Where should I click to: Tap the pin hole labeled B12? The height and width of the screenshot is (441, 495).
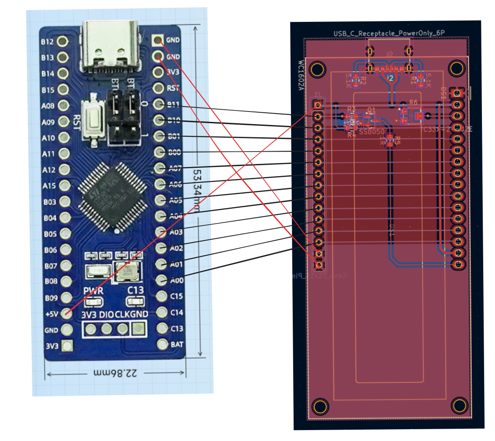click(63, 42)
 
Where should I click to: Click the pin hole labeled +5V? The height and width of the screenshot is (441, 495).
click(66, 313)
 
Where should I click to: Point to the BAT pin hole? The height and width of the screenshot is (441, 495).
click(162, 344)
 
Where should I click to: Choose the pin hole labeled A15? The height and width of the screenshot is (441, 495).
click(64, 185)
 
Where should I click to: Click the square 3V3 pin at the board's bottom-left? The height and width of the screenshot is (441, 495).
click(67, 346)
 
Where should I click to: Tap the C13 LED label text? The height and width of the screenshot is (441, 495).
click(135, 290)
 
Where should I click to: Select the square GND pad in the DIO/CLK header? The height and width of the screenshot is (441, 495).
click(138, 329)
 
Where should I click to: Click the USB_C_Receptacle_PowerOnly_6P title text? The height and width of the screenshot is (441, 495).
click(389, 33)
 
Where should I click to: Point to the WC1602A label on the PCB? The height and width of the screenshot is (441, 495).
click(301, 75)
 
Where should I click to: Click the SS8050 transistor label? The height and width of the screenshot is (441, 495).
click(372, 131)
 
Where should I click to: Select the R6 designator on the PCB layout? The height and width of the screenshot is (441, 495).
click(413, 102)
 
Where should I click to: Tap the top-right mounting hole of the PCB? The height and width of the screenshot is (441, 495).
click(457, 67)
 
